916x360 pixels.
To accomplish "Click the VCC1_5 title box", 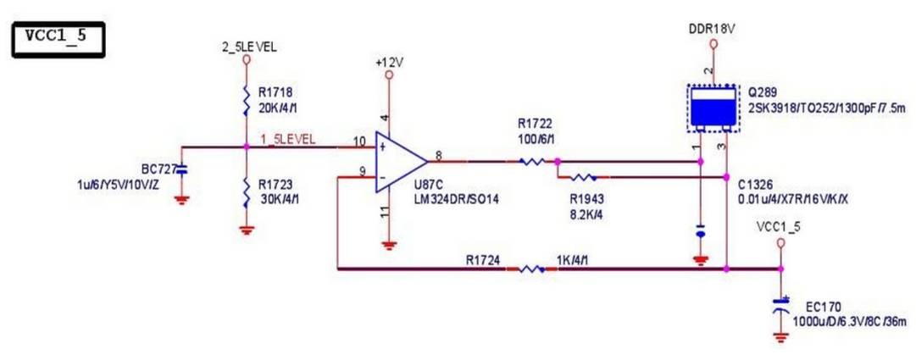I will tap(58, 39).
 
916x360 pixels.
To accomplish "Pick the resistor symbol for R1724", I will tap(531, 269).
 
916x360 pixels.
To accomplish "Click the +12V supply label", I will tap(388, 62).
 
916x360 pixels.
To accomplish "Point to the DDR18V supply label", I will tap(712, 29).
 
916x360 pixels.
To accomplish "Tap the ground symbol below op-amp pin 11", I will tap(388, 246).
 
